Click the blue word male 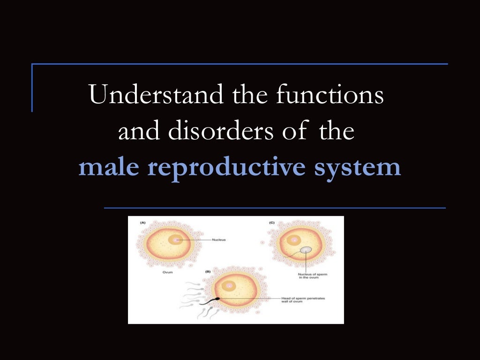pos(109,167)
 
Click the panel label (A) pos(142,223)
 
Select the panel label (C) pos(271,223)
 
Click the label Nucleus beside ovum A pos(218,240)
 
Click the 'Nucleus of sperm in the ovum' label pos(312,276)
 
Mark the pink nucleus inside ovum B pos(230,285)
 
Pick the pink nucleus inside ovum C pos(294,240)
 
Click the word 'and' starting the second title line pos(140,131)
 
